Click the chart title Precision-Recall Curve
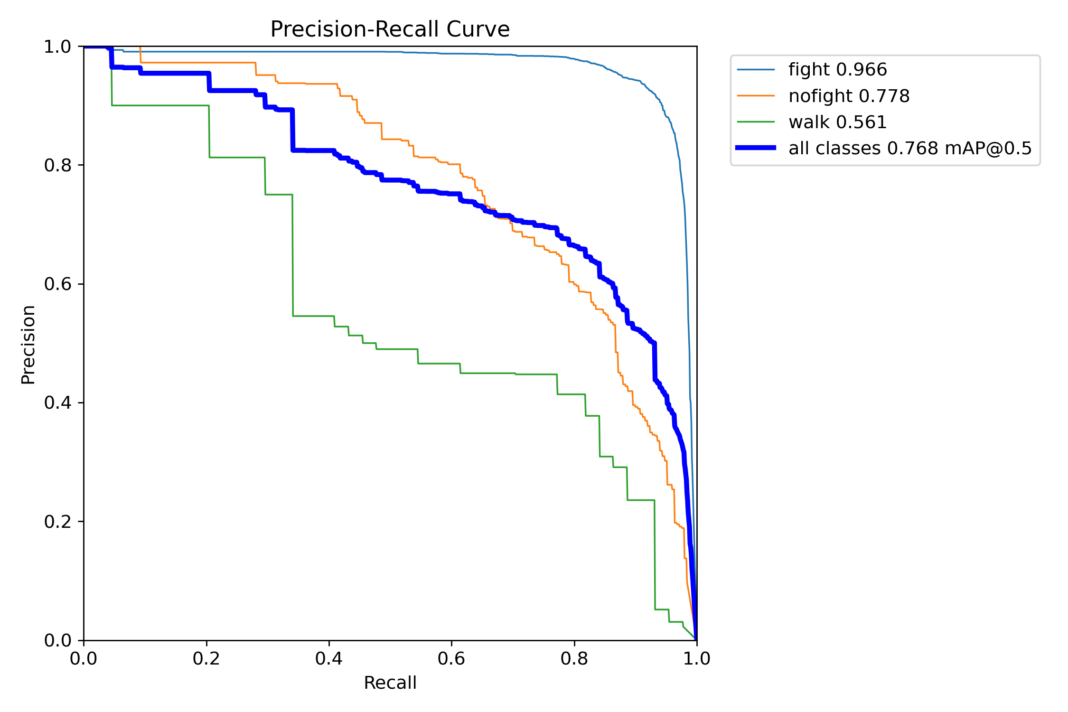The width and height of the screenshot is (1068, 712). click(390, 29)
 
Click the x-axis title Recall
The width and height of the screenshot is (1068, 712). click(390, 683)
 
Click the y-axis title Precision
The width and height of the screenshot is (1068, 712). click(28, 344)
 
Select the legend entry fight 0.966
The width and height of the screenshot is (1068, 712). click(837, 70)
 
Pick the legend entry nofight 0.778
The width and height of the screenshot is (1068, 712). click(849, 96)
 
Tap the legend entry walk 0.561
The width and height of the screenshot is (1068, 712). click(837, 122)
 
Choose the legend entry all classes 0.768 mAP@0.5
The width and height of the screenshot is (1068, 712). click(909, 149)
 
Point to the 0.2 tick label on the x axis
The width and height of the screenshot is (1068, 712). click(206, 659)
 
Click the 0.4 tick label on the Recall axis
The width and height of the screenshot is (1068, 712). click(329, 659)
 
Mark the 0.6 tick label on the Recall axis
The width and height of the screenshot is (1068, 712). click(451, 659)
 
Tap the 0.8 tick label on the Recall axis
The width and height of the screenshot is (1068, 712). click(574, 659)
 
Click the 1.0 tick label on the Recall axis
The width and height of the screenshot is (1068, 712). click(697, 659)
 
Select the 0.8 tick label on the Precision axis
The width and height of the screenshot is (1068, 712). click(57, 165)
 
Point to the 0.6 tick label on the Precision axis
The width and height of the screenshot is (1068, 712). click(57, 284)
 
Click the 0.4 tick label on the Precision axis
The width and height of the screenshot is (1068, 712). click(57, 403)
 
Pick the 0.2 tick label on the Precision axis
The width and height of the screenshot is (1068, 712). click(57, 521)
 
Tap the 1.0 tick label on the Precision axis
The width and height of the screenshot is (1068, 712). click(57, 47)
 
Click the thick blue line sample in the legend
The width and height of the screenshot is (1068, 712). click(756, 148)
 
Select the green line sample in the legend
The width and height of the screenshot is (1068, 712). click(756, 122)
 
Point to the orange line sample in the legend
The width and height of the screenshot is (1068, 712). click(756, 95)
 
